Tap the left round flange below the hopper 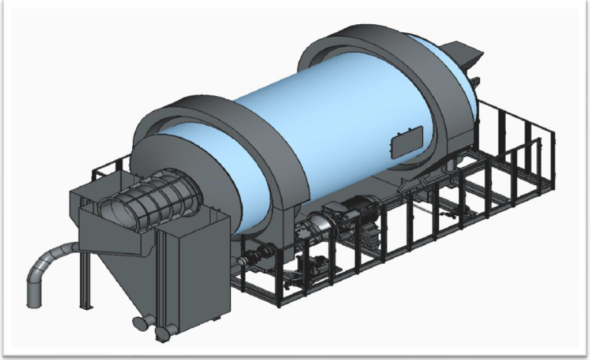click(x=139, y=323)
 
